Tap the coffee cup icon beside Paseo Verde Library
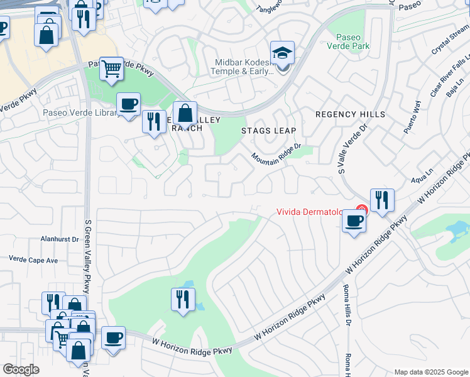pyautogui.click(x=128, y=104)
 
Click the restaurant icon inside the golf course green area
pyautogui.click(x=183, y=299)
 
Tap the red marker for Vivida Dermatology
pyautogui.click(x=361, y=210)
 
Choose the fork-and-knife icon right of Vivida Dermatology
pyautogui.click(x=382, y=200)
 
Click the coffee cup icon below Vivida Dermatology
pyautogui.click(x=354, y=222)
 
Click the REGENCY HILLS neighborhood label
pyautogui.click(x=350, y=114)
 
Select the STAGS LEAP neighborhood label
pyautogui.click(x=268, y=131)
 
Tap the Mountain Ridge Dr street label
pyautogui.click(x=277, y=152)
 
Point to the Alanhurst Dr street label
pyautogui.click(x=59, y=239)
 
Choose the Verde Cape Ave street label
pyautogui.click(x=33, y=260)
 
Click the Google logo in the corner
pyautogui.click(x=21, y=369)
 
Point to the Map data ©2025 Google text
pyautogui.click(x=430, y=372)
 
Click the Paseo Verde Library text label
pyautogui.click(x=80, y=113)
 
